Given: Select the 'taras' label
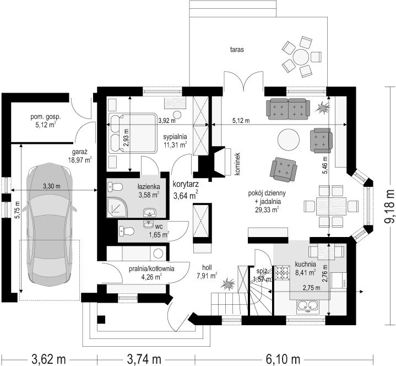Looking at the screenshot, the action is point(237,50).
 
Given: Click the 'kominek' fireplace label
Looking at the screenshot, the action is point(237,164).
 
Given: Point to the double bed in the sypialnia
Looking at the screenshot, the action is point(133,133).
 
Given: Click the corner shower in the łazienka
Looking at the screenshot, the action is point(117,207).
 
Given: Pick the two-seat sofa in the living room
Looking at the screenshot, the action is point(288,109).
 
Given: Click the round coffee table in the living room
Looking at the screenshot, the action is point(289,140).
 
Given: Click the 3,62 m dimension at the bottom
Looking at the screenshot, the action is point(48,359).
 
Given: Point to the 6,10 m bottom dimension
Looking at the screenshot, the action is point(283,359).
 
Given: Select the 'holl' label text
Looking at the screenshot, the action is point(207,267).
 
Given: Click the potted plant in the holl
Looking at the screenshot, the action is point(228,284).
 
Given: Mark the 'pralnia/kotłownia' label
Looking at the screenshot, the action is point(151,268).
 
